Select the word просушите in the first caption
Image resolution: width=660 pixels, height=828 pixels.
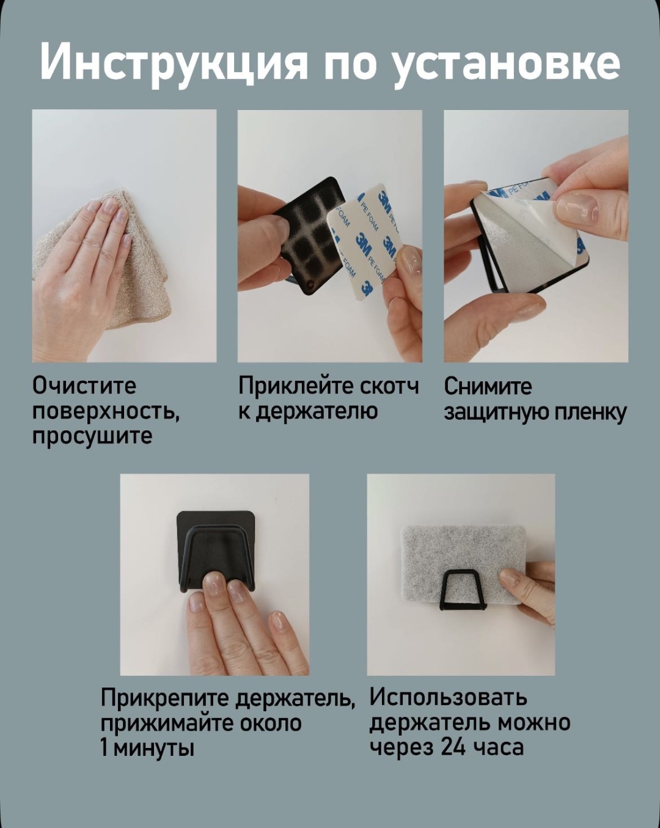(92, 436)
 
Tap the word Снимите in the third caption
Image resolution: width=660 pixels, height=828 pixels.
(488, 386)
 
